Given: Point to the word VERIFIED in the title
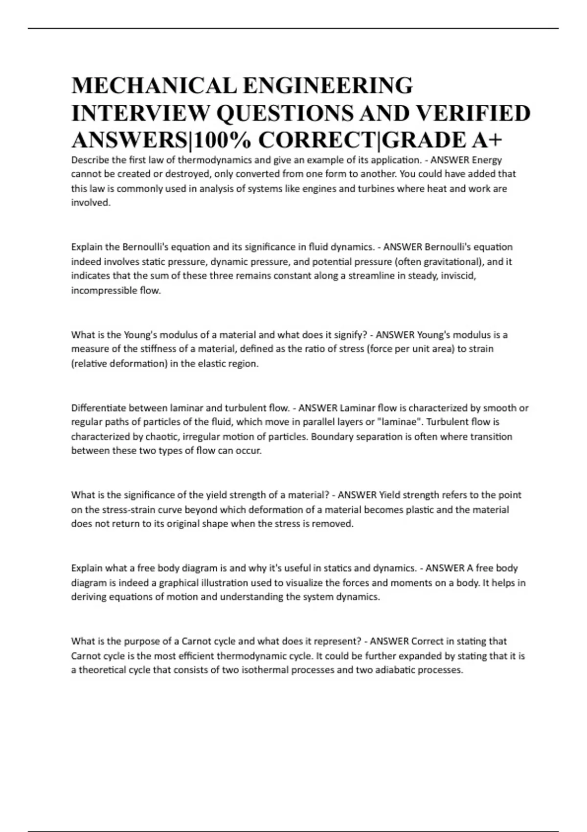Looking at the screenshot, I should (x=473, y=113).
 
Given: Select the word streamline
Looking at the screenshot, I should (x=368, y=276).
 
